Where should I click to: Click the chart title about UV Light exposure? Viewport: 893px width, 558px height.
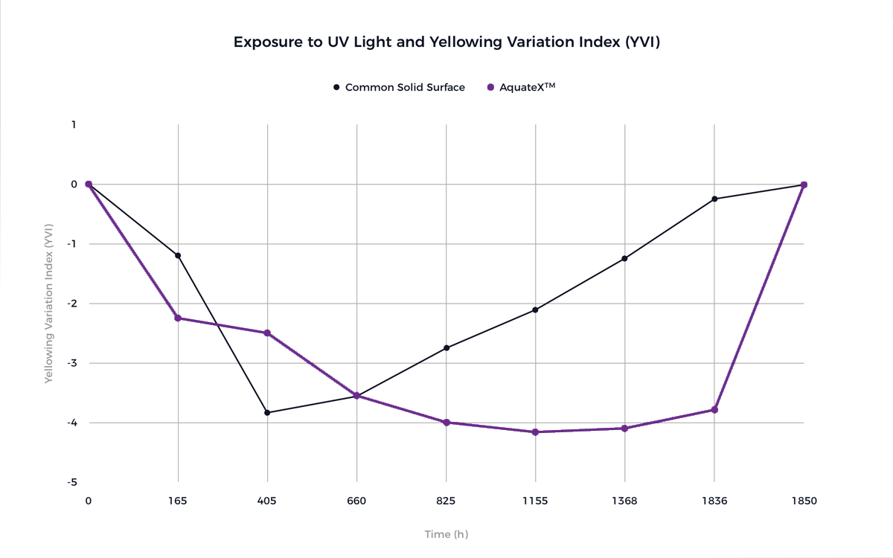pos(446,42)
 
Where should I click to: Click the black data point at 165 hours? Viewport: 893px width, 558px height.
pos(178,256)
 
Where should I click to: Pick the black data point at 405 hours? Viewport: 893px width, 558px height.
pos(267,413)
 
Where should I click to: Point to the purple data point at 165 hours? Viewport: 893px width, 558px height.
pos(178,318)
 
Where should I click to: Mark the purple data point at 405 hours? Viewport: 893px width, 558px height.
pos(267,333)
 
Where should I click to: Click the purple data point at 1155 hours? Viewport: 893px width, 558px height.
pos(535,432)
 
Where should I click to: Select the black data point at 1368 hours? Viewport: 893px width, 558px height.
pos(624,259)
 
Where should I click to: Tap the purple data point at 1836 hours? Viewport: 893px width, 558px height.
pos(714,410)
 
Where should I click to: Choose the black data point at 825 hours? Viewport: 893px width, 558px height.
pos(446,348)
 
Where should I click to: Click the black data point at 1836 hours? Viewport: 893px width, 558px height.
pos(714,199)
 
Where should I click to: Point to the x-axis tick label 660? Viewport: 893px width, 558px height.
pos(356,501)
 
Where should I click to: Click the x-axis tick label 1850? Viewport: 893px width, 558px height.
pos(804,501)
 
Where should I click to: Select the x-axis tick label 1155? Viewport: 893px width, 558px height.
pos(535,501)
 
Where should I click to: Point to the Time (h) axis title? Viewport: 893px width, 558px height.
pos(446,534)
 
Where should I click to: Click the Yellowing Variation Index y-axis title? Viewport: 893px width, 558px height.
pos(48,304)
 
